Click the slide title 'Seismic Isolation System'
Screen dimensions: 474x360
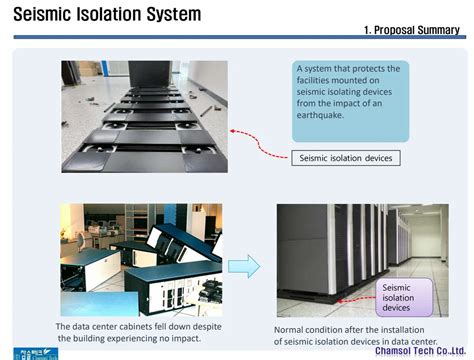pos(107,14)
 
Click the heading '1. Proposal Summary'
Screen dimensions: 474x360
pos(412,30)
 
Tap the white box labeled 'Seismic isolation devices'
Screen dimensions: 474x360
pos(346,158)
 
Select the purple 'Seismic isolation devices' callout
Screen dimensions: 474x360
pos(404,297)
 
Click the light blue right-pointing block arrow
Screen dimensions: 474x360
pos(244,266)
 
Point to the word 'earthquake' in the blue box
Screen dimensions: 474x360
pos(320,115)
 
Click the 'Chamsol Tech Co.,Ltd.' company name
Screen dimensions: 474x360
pos(420,351)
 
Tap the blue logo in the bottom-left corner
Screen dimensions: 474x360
pos(36,353)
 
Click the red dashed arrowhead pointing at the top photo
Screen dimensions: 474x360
pos(233,131)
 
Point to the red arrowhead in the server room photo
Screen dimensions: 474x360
pos(340,301)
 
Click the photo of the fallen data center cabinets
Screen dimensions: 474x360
pos(141,260)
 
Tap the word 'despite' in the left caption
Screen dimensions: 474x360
pos(207,327)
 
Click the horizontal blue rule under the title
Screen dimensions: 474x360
pos(240,37)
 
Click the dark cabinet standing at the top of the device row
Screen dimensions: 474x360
pos(151,74)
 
